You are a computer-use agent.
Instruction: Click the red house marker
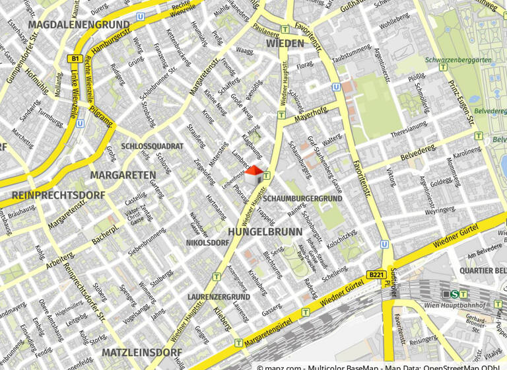tap(253, 175)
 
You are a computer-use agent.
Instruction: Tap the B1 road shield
tap(73, 59)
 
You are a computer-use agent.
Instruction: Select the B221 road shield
tap(376, 274)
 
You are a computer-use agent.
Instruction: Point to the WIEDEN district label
tap(285, 44)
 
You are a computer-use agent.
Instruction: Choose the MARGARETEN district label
tap(123, 175)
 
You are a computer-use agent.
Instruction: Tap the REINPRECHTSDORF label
tap(58, 196)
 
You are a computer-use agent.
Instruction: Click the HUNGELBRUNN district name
tap(265, 232)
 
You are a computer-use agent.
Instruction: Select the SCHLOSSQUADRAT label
tap(152, 146)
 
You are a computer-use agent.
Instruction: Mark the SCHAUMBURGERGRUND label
tap(302, 198)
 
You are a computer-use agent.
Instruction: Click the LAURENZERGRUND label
tap(219, 297)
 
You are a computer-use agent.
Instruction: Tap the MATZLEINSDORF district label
tap(142, 351)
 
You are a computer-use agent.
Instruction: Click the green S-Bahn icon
tap(455, 294)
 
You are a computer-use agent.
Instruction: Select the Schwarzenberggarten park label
tap(458, 59)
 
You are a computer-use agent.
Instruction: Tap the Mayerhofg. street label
tap(310, 116)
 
